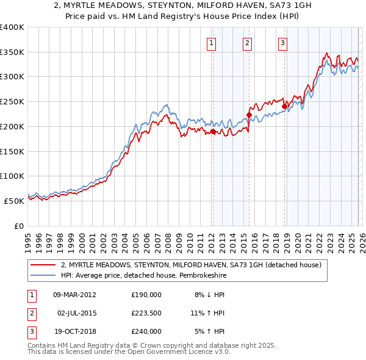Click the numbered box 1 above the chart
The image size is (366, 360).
[211, 43]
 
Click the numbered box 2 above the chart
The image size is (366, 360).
[247, 43]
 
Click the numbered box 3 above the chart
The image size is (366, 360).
[283, 43]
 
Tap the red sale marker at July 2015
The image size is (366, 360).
[249, 115]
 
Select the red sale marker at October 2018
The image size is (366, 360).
[284, 106]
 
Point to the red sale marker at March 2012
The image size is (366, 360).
[213, 131]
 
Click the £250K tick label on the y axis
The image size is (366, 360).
[12, 102]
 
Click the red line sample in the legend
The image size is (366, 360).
[43, 265]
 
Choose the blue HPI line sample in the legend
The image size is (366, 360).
[43, 275]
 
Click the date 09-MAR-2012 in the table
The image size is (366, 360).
[74, 295]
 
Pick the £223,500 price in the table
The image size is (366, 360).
[146, 313]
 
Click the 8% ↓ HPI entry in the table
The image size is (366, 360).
[209, 295]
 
